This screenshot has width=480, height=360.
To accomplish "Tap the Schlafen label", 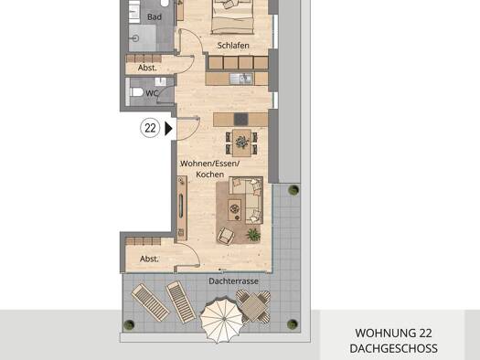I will [x=233, y=45].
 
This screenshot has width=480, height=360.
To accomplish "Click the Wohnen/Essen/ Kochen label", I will [x=209, y=168].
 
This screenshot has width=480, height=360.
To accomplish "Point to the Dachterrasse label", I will [x=232, y=281].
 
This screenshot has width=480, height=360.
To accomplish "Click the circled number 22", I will [x=149, y=129].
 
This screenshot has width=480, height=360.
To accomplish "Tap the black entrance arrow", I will [x=168, y=129].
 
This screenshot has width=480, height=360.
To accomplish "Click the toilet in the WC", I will [x=135, y=91].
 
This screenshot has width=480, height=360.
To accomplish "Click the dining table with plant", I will [x=241, y=142].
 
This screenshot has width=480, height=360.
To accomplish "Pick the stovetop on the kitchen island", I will [x=240, y=119].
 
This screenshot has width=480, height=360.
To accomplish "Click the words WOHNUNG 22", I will [x=393, y=333].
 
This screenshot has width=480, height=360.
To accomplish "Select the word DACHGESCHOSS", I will [x=393, y=348].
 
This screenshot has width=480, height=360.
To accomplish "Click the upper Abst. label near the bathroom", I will [x=147, y=68].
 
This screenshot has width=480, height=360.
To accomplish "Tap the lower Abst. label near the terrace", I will [x=149, y=259].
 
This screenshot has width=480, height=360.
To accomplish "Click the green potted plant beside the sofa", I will [x=253, y=235].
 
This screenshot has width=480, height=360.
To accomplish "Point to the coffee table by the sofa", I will [x=236, y=209].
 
